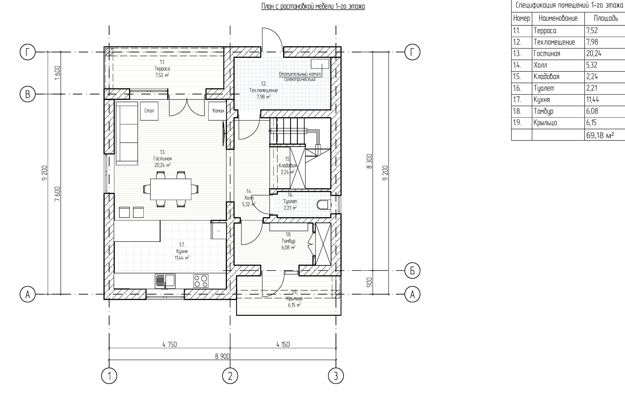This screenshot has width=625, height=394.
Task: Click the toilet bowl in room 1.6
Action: pos(323,205)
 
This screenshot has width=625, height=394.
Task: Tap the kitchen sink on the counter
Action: pos(165,281)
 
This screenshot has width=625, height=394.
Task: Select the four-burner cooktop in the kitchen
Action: pos(201,281)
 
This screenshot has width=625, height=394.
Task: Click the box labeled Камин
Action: pos(218,111)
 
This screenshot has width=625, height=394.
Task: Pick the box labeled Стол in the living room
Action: pos(149,111)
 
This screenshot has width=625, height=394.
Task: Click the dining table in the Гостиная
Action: pos(171,189)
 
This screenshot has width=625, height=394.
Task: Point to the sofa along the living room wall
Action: pos(127,133)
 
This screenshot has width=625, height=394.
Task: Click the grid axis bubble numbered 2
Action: pos(230,376)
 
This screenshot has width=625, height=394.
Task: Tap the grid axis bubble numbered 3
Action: pos(336,376)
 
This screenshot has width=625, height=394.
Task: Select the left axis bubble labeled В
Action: pos(28,94)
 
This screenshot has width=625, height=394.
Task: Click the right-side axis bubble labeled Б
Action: pos(412,271)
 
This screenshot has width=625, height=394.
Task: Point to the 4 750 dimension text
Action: pos(170,345)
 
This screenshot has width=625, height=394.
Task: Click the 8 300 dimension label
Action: pos(369,161)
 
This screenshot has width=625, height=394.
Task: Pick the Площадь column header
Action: pos(606,18)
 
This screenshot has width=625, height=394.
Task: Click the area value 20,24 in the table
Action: pos(594,53)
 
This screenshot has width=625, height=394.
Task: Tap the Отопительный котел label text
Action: pos(300,74)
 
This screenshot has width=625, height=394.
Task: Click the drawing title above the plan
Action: pos(313,6)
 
